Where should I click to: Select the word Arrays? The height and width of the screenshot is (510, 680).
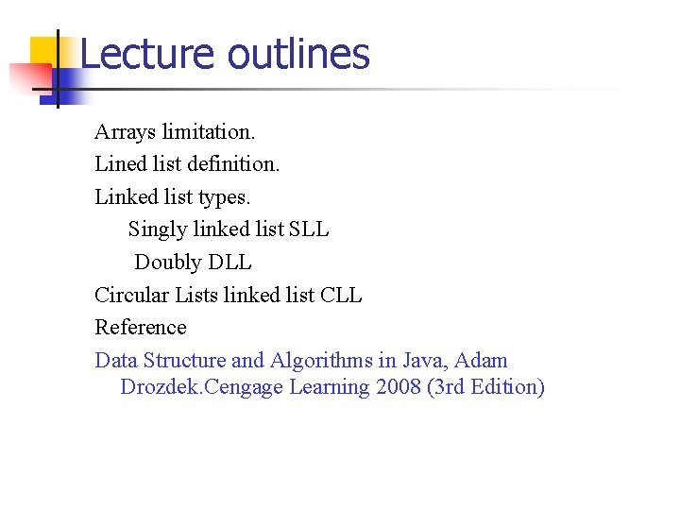125,131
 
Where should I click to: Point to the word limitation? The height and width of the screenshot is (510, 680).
209,131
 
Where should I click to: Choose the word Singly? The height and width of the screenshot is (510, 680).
157,229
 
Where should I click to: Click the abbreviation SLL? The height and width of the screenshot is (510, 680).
310,229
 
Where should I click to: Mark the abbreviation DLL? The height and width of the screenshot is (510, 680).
230,263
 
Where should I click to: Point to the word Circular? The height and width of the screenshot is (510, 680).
127,295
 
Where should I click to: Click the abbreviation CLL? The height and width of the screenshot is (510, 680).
341,295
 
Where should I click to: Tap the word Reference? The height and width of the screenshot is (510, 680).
141,328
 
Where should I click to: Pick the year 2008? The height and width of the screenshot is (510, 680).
396,388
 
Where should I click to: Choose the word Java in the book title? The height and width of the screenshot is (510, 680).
424,361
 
